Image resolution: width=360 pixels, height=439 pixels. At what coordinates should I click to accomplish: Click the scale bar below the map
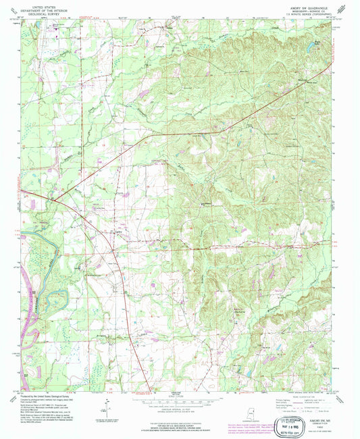[180, 399]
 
